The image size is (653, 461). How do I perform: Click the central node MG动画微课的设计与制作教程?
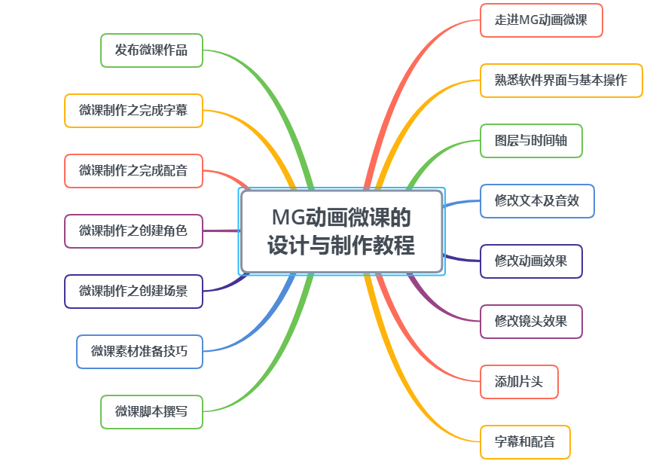point(341,231)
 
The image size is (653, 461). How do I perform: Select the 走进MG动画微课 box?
point(541,20)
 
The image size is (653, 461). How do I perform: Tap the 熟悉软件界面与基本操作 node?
point(561,81)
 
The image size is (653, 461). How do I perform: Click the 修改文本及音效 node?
point(537,201)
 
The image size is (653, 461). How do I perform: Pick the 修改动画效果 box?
point(531,261)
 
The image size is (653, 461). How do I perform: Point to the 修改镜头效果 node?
point(531,322)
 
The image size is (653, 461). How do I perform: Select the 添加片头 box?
point(519,382)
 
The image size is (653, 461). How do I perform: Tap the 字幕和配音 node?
point(525,442)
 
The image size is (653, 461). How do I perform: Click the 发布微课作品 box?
point(151,50)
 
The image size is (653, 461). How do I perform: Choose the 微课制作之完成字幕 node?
point(133,111)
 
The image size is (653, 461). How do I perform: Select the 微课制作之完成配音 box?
point(133,171)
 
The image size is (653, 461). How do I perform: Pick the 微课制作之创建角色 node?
point(133,231)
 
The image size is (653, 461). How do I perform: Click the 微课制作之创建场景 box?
point(133,292)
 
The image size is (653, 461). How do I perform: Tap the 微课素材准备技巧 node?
point(139,352)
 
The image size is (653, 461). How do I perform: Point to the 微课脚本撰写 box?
point(151,412)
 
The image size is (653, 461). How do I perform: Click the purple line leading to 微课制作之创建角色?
point(221,230)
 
